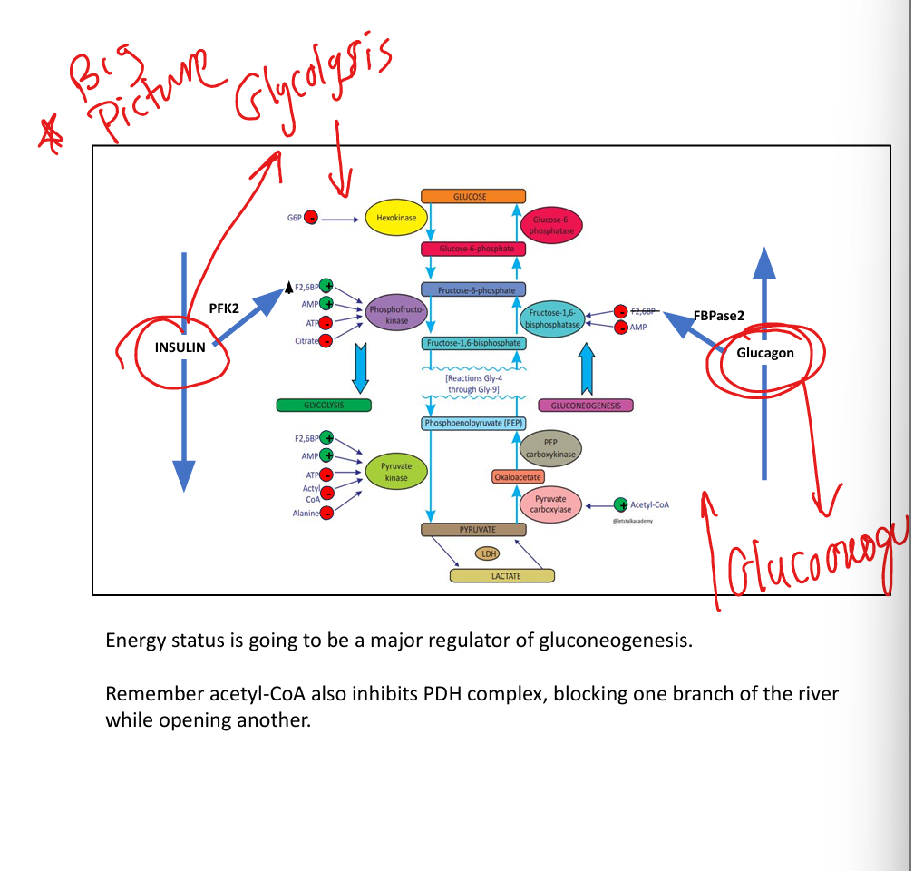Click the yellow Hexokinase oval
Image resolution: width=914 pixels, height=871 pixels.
pyautogui.click(x=390, y=219)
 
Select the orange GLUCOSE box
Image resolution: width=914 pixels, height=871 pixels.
pyautogui.click(x=473, y=196)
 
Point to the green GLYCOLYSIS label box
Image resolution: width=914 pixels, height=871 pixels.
pyautogui.click(x=324, y=405)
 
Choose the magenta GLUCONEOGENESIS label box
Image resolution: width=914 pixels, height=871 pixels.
pyautogui.click(x=586, y=406)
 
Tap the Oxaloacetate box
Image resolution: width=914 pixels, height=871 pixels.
pyautogui.click(x=518, y=476)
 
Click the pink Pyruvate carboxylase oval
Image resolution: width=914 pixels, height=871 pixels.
pyautogui.click(x=550, y=504)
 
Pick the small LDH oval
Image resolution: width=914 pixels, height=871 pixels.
pyautogui.click(x=489, y=553)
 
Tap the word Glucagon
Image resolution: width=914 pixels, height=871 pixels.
pyautogui.click(x=765, y=353)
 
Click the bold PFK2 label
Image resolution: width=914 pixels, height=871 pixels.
pyautogui.click(x=224, y=308)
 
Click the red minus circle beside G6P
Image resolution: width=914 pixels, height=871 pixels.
pyautogui.click(x=311, y=218)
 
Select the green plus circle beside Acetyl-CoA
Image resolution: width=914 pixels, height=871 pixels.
pyautogui.click(x=620, y=504)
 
